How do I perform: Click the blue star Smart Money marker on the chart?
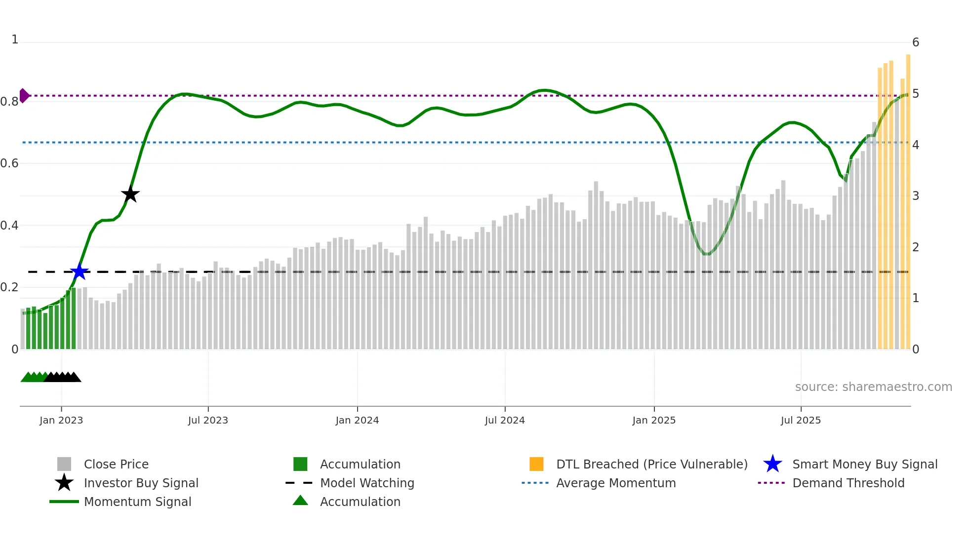click(79, 272)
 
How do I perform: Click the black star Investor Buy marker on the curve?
click(130, 194)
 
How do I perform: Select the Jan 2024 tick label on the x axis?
click(357, 420)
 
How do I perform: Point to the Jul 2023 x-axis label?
click(208, 420)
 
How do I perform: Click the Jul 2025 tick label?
click(801, 420)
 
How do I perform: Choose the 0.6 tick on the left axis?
click(10, 163)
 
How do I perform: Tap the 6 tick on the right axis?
click(916, 42)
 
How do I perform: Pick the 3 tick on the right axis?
click(916, 196)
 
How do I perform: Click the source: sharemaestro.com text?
click(873, 387)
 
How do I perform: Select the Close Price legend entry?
click(116, 464)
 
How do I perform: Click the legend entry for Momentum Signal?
click(137, 502)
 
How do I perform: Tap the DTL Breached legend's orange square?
click(536, 464)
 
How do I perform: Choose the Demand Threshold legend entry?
click(848, 483)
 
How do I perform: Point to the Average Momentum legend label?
click(616, 483)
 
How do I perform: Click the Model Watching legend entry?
click(367, 483)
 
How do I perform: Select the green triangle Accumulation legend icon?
click(300, 501)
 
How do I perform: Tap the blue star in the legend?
click(772, 464)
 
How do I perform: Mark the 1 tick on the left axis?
click(15, 39)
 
